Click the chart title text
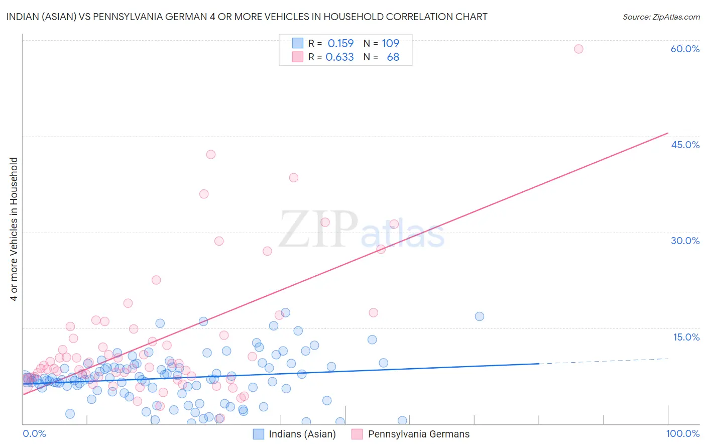pyautogui.click(x=247, y=17)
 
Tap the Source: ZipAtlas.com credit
pyautogui.click(x=661, y=17)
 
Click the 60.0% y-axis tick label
pyautogui.click(x=685, y=49)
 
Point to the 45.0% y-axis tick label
pyautogui.click(x=685, y=145)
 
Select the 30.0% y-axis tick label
pyautogui.click(x=685, y=241)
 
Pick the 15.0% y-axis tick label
pyautogui.click(x=686, y=337)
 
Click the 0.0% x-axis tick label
pyautogui.click(x=34, y=433)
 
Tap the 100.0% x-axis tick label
pyautogui.click(x=682, y=433)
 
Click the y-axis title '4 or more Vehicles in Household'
pyautogui.click(x=14, y=229)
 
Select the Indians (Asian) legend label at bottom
pyautogui.click(x=302, y=434)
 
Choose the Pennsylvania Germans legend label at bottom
pyautogui.click(x=419, y=434)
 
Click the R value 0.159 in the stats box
pyautogui.click(x=340, y=43)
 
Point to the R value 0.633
pyautogui.click(x=339, y=57)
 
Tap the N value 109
pyautogui.click(x=390, y=43)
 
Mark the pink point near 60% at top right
pyautogui.click(x=578, y=49)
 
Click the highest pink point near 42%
pyautogui.click(x=211, y=154)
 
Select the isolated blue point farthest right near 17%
pyautogui.click(x=480, y=316)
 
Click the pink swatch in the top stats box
pyautogui.click(x=298, y=57)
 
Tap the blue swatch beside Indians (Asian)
pyautogui.click(x=258, y=434)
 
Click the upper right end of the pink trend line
pyautogui.click(x=668, y=133)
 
